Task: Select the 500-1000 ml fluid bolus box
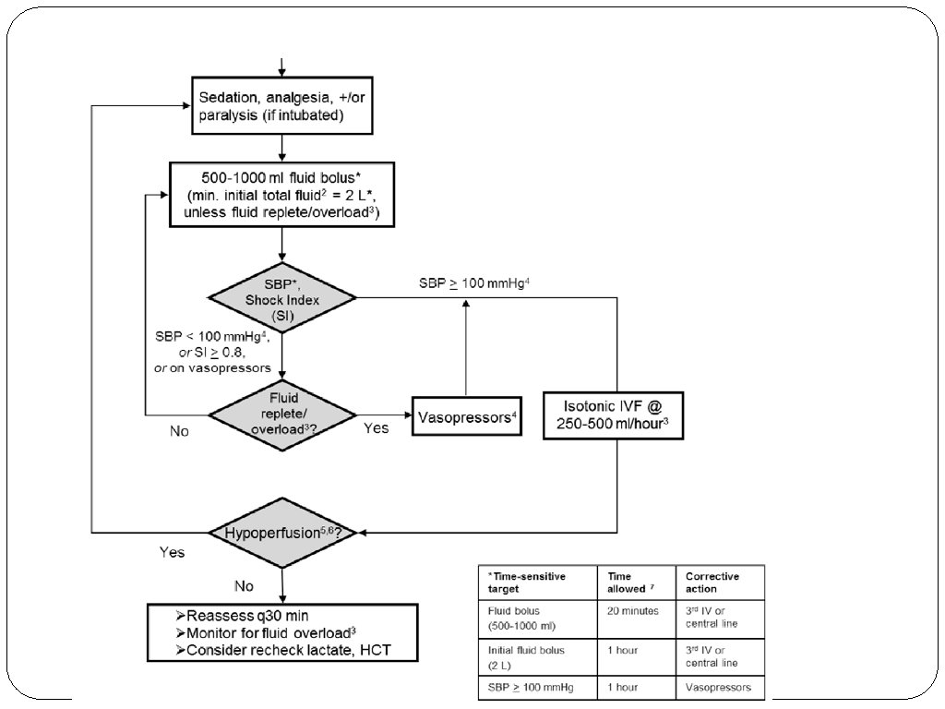pyautogui.click(x=281, y=195)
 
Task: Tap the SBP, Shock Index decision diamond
pyautogui.click(x=281, y=297)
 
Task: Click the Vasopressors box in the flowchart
pyautogui.click(x=467, y=417)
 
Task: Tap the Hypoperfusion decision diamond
pyautogui.click(x=281, y=532)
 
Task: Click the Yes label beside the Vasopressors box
pyautogui.click(x=376, y=428)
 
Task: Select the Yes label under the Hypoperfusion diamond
pyautogui.click(x=172, y=552)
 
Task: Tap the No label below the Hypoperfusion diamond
pyautogui.click(x=245, y=584)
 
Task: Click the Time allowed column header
pyautogui.click(x=627, y=582)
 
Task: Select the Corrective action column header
pyautogui.click(x=712, y=582)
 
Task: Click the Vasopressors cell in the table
pyautogui.click(x=718, y=687)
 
